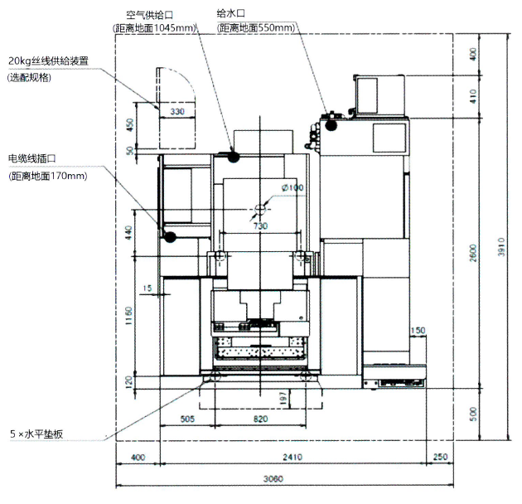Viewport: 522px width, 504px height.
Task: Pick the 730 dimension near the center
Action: pos(260,225)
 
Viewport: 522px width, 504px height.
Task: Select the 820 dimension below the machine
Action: pos(260,419)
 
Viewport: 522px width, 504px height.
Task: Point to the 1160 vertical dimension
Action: pos(127,315)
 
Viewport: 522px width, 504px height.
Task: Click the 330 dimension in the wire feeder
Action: pos(176,110)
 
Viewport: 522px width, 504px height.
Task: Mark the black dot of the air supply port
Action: pos(234,155)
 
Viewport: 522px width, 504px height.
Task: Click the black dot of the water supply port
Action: pos(331,127)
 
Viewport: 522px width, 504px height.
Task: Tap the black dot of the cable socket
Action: pos(170,237)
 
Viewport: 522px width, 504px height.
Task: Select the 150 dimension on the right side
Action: pos(417,331)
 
